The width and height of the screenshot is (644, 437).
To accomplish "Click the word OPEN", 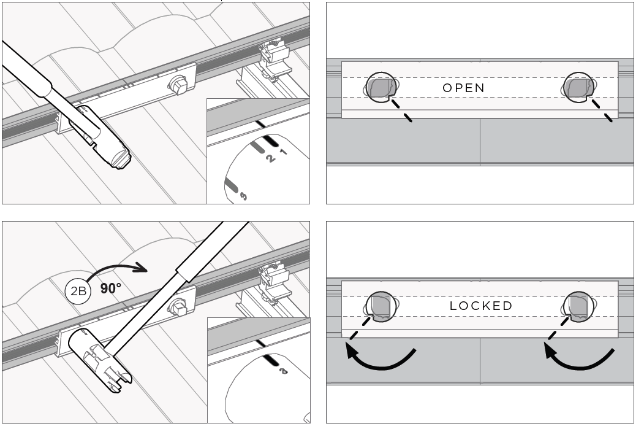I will point(463,88).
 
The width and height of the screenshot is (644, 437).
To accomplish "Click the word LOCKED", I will point(481,306).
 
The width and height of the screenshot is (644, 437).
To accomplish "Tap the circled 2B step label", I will point(78,291).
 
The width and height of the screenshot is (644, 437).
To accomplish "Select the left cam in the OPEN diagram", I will point(381,88).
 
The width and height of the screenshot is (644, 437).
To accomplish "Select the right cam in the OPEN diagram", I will point(578,88).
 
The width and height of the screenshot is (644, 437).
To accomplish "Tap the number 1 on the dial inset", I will point(283,152).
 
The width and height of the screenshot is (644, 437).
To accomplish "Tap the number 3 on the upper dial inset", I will point(243,196).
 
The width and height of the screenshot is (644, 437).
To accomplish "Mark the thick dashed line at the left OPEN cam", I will point(401,110).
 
